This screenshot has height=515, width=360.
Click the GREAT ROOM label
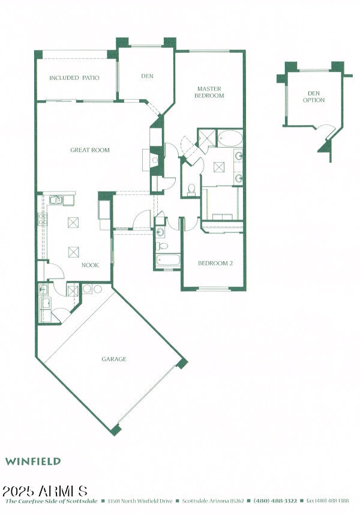90,150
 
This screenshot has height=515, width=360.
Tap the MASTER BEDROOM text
210,92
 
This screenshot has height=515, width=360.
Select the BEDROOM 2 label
215,263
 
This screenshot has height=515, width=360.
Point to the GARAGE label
113,359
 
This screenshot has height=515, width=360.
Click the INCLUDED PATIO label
74,78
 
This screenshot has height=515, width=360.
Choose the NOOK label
90,265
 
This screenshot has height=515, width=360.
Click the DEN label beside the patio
147,76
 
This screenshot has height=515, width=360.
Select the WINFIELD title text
33,462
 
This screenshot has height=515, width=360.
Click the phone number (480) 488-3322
275,501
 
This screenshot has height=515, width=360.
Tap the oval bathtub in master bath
230,139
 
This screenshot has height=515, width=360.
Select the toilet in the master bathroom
191,190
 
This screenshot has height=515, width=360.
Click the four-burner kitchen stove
42,219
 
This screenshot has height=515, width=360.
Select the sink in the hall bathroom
160,232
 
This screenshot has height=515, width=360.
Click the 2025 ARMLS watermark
46,491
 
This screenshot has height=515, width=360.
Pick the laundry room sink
44,291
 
